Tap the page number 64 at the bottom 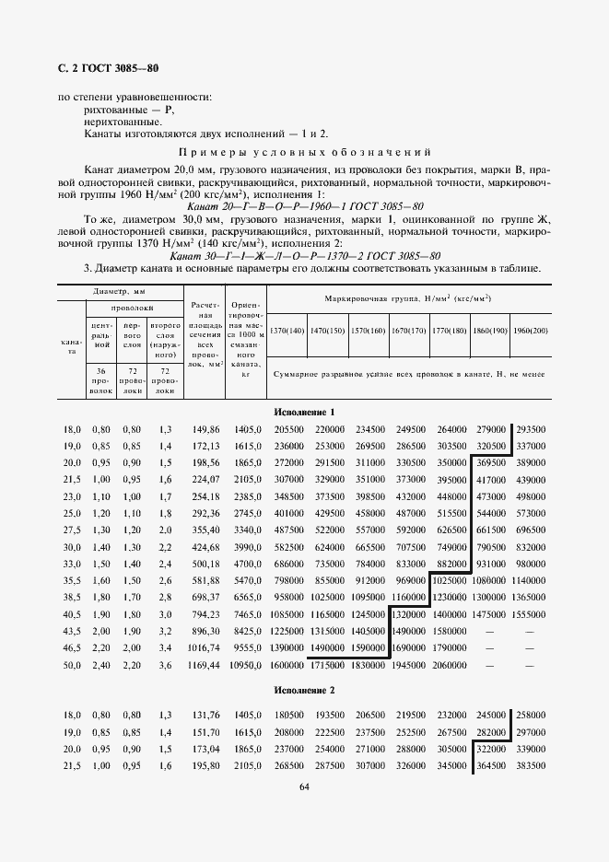(x=304, y=787)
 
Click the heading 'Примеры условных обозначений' (x=304, y=152)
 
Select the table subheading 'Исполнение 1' (x=304, y=412)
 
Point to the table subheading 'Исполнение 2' (x=304, y=689)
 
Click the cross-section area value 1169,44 (x=209, y=664)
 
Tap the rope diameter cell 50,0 (x=72, y=664)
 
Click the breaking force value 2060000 (x=451, y=664)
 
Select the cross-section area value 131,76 (x=209, y=716)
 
